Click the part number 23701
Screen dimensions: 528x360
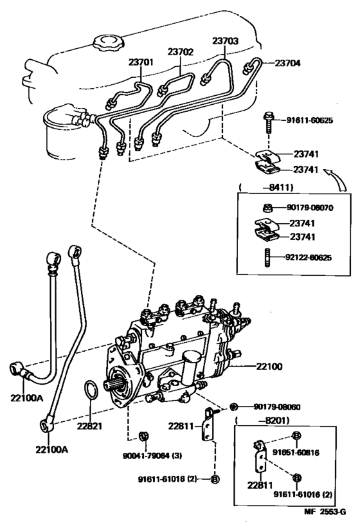[141, 62]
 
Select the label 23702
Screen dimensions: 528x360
[181, 52]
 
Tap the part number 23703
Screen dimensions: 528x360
[226, 41]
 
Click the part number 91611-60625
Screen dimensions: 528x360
[309, 120]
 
